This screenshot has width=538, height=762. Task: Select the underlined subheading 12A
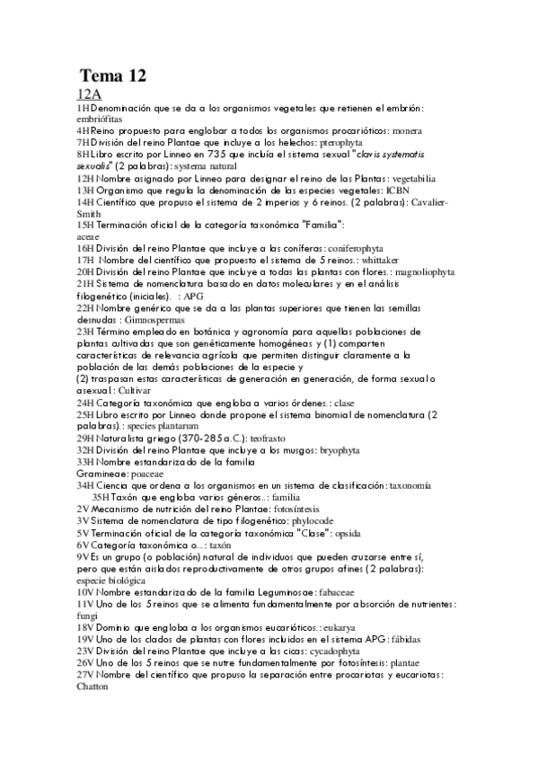pos(90,93)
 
